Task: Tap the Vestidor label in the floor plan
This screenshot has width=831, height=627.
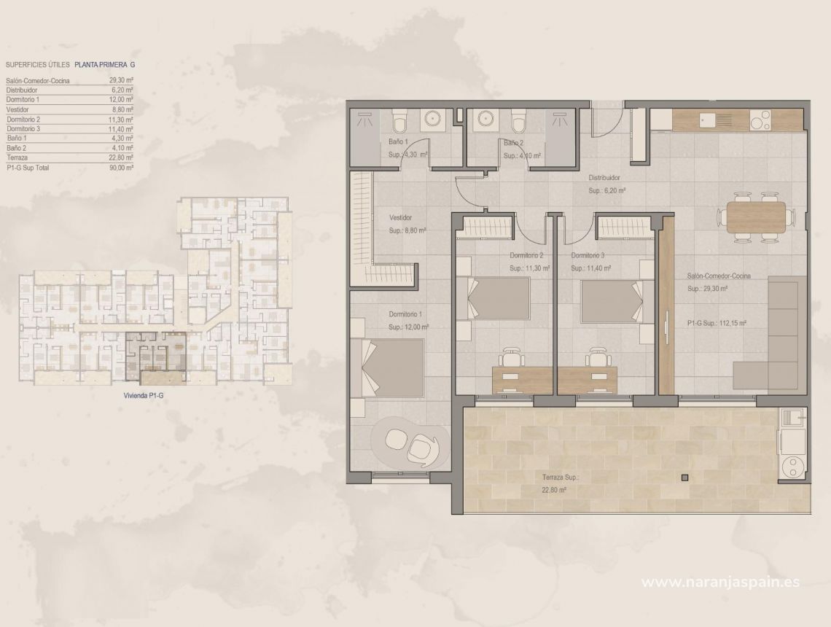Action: (400, 217)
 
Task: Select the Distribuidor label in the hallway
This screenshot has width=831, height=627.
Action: (604, 177)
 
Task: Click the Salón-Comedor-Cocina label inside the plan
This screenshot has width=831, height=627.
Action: (719, 276)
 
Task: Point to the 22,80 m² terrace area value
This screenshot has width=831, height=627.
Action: (554, 491)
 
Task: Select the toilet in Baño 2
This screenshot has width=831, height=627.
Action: (518, 119)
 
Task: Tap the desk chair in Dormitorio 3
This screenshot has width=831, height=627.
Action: (598, 357)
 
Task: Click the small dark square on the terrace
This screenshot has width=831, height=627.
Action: (684, 478)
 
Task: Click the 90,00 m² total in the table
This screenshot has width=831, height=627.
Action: (122, 167)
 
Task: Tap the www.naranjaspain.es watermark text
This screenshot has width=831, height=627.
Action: (720, 582)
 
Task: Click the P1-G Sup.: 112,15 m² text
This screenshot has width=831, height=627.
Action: (716, 322)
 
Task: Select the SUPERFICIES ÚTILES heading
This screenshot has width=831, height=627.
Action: (37, 64)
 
